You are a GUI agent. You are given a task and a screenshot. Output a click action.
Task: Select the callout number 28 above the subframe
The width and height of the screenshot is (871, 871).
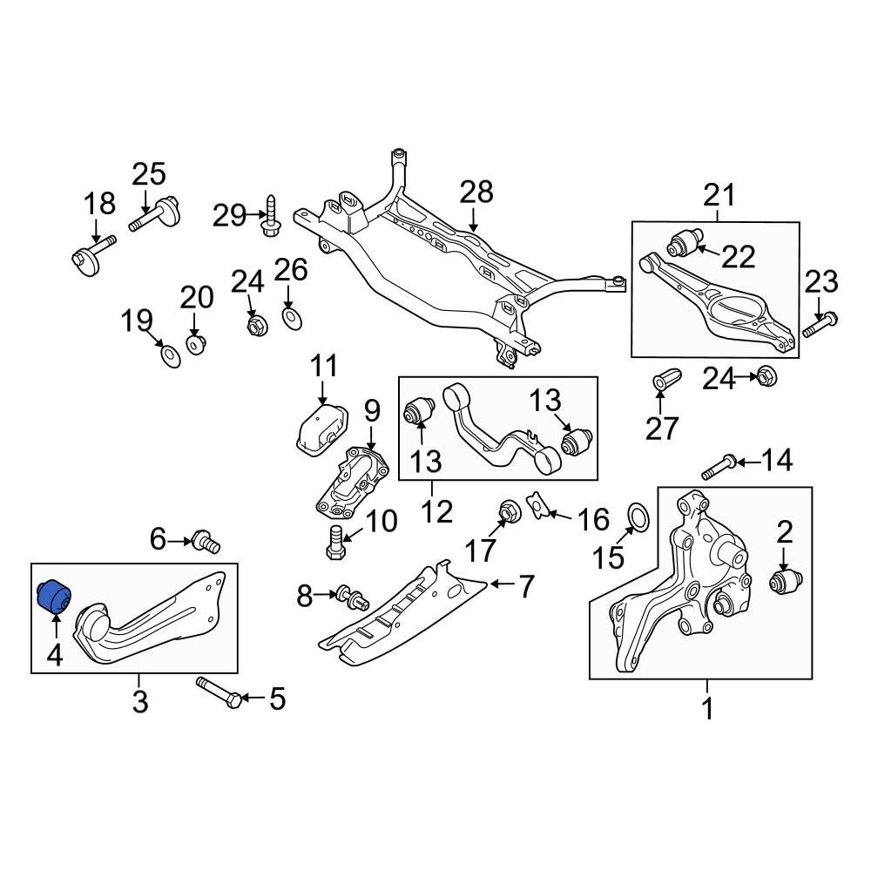[x=476, y=192]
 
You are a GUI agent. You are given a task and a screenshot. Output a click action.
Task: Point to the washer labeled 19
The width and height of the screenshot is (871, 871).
[x=171, y=355]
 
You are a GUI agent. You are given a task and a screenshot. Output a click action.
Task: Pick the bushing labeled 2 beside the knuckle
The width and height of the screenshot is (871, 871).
[x=787, y=581]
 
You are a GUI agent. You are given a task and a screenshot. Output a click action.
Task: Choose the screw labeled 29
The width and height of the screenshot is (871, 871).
[x=271, y=218]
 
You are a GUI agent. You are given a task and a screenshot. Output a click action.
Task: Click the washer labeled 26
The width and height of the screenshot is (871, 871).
[x=293, y=317]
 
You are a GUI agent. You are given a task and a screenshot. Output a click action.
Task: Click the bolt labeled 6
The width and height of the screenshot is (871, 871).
[x=207, y=542]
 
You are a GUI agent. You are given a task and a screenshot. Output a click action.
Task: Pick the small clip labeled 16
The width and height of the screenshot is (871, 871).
[x=537, y=506]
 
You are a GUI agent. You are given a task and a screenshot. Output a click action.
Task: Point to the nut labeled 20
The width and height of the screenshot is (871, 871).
[x=197, y=342]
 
